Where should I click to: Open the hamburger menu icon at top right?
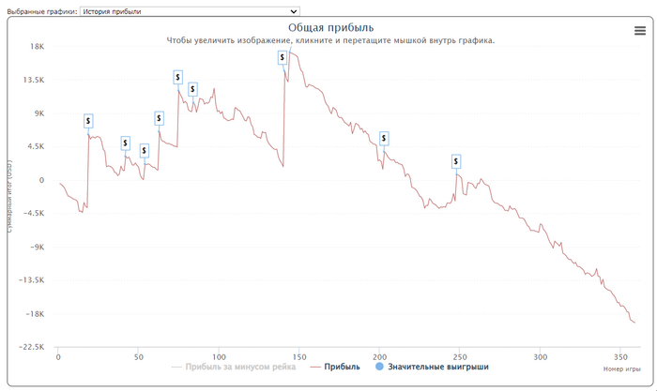pyautogui.click(x=640, y=31)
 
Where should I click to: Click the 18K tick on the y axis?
pyautogui.click(x=38, y=47)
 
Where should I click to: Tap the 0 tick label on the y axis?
pyautogui.click(x=41, y=180)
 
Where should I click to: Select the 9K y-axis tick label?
pyautogui.click(x=38, y=113)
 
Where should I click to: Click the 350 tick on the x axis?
pyautogui.click(x=619, y=357)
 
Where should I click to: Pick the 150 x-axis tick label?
pyautogui.click(x=298, y=357)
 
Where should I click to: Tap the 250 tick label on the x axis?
pyautogui.click(x=459, y=357)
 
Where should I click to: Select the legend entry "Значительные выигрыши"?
pyautogui.click(x=438, y=368)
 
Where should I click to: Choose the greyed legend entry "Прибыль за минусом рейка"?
pyautogui.click(x=240, y=368)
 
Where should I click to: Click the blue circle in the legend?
pyautogui.click(x=379, y=368)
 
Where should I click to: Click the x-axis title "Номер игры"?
pyautogui.click(x=620, y=369)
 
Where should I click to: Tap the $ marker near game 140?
pyautogui.click(x=283, y=57)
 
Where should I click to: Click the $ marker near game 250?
pyautogui.click(x=456, y=161)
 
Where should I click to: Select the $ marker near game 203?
pyautogui.click(x=383, y=138)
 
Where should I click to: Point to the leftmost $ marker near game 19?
pyautogui.click(x=88, y=121)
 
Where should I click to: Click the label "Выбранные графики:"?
pyautogui.click(x=40, y=11)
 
